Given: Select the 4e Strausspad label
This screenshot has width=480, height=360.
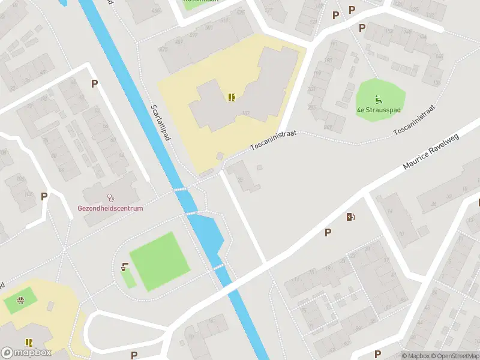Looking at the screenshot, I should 379,110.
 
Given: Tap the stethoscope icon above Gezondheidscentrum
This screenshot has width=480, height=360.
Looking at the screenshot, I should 110,197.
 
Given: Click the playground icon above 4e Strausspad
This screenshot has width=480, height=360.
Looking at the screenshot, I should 379,100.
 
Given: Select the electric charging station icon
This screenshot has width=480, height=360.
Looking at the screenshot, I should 350,217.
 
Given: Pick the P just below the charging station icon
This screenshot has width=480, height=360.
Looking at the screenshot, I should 328,232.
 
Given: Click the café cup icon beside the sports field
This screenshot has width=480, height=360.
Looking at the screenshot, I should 125,267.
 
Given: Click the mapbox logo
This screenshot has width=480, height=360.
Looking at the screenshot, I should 26,352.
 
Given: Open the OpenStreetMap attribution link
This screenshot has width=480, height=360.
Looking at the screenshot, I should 454,356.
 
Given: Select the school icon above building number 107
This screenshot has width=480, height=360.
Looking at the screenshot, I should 232,97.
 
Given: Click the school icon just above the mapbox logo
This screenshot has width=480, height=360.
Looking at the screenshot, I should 29,343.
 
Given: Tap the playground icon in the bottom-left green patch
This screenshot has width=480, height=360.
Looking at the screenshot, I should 21,301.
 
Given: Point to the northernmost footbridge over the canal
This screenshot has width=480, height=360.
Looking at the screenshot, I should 181,190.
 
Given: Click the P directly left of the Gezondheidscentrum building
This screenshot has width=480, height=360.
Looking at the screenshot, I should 44,196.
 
